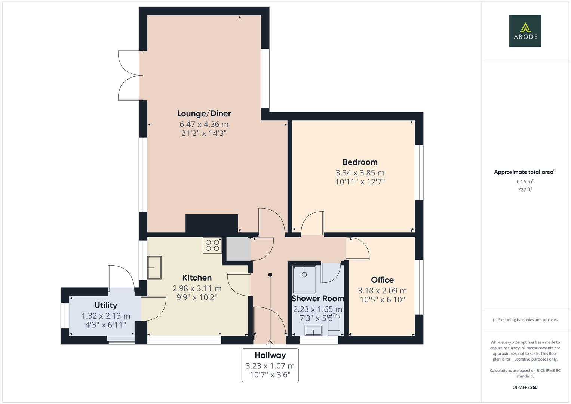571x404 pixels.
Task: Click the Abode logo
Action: click(x=525, y=31)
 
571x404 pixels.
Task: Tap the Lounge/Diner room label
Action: click(x=204, y=114)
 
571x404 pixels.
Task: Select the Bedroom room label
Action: click(x=360, y=162)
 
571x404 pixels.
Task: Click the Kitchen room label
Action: click(x=197, y=278)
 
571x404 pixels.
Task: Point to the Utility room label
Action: click(x=106, y=305)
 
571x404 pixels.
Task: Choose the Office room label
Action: click(x=382, y=280)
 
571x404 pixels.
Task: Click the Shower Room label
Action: click(x=317, y=299)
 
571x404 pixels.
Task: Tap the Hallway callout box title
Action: click(x=270, y=355)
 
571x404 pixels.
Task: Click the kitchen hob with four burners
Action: click(x=212, y=245)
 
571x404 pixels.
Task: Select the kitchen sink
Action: click(x=154, y=267)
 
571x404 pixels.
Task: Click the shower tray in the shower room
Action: click(x=304, y=279)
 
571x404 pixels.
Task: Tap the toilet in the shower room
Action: click(x=334, y=325)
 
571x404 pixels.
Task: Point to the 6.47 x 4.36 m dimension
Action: click(x=204, y=125)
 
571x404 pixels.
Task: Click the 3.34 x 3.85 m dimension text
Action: click(x=360, y=173)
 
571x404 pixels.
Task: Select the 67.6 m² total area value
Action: click(x=525, y=181)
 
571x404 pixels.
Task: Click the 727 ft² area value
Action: click(x=525, y=190)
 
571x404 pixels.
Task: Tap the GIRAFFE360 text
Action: click(x=525, y=387)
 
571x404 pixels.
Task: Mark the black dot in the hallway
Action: click(x=270, y=275)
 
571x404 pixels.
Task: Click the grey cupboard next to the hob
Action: click(x=238, y=249)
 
